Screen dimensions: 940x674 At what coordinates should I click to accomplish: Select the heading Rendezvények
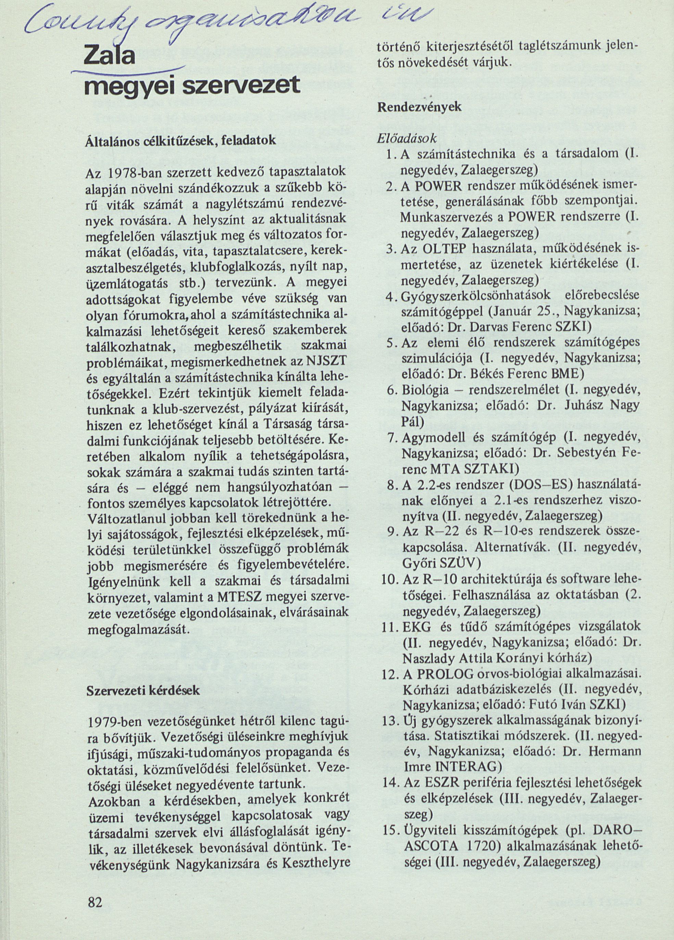pyautogui.click(x=420, y=106)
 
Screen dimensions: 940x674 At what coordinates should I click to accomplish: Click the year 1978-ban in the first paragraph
pyautogui.click(x=127, y=172)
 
